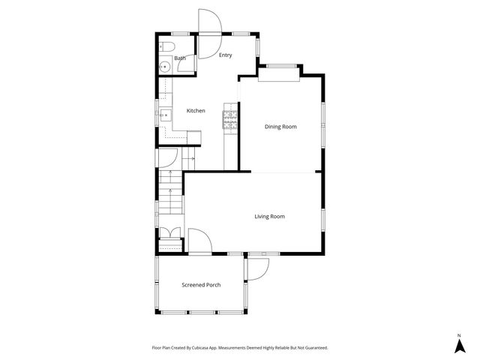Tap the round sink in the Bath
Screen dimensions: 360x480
(x=164, y=67)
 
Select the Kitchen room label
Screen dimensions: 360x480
(x=196, y=111)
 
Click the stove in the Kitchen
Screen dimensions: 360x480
(x=229, y=120)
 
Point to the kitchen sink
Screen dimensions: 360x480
(x=164, y=115)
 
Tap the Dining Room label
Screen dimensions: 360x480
(x=280, y=127)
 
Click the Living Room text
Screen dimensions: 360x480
(x=269, y=217)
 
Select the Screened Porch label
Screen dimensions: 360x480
(x=201, y=285)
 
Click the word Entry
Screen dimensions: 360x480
(x=225, y=55)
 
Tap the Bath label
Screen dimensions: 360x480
(x=180, y=58)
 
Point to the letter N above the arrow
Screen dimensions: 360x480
(x=459, y=334)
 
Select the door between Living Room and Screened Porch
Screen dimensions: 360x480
(x=198, y=242)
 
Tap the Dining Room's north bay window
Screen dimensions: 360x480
(x=280, y=68)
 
